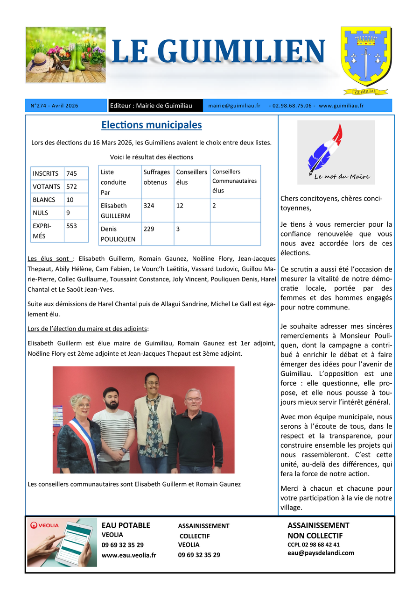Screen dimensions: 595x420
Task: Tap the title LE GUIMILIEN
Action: coord(218,51)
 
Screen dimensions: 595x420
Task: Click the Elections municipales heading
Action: coord(152,125)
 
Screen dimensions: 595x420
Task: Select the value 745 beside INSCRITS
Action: coord(71,173)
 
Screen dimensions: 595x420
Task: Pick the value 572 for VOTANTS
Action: coord(71,186)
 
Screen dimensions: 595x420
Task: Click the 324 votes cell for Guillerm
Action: coord(149,205)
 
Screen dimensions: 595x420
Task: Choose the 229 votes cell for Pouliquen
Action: coord(149,229)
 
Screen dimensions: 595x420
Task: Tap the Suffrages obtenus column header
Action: coord(156,177)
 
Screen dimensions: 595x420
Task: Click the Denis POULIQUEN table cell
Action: coord(118,234)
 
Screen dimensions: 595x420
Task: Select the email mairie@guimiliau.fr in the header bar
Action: coord(234,106)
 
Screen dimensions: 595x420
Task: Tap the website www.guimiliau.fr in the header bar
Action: coord(342,106)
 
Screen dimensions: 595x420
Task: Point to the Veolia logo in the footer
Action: coord(45,525)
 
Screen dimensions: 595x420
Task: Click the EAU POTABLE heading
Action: coord(126,525)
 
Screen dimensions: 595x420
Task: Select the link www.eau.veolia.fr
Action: coord(129,555)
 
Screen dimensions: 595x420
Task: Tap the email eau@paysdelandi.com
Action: coord(321,553)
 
